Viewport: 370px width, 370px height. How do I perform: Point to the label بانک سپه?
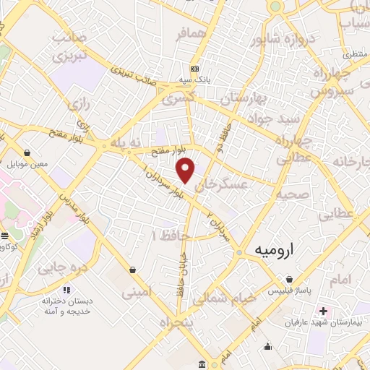point(195,81)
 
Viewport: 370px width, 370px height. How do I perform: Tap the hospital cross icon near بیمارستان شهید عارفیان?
point(322,311)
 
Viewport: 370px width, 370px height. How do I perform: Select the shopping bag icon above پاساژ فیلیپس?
point(289,279)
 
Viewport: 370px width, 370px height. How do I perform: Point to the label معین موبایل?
point(27,164)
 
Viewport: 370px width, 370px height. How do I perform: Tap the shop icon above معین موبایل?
point(27,152)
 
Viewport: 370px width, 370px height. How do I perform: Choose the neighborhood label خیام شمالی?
point(230,296)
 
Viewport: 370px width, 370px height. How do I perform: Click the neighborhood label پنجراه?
point(178,322)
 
